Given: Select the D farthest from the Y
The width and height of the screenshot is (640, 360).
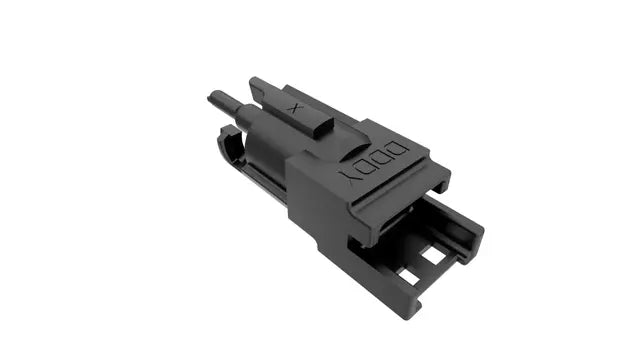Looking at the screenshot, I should tap(398, 148).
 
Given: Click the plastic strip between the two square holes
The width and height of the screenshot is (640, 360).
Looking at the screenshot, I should tap(420, 264).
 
